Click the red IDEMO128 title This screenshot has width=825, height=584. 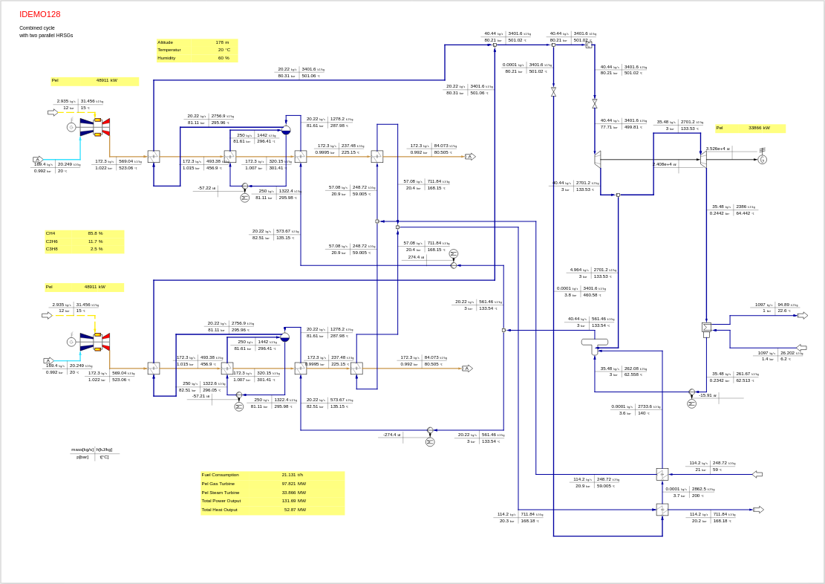click(40, 14)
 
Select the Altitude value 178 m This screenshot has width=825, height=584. click(222, 42)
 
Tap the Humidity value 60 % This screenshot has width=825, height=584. click(223, 58)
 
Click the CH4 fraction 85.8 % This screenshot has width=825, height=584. click(95, 233)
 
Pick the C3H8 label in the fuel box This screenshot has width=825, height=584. click(52, 249)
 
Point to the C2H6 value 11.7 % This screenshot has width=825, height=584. click(95, 241)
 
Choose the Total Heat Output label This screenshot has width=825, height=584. click(220, 510)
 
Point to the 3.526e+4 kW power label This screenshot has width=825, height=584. click(717, 149)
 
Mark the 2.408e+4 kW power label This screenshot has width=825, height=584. click(664, 164)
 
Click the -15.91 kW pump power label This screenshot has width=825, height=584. click(708, 395)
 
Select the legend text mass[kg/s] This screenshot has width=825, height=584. click(82, 450)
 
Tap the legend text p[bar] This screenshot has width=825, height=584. click(82, 457)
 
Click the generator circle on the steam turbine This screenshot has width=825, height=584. click(762, 159)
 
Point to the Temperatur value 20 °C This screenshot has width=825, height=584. click(224, 50)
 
